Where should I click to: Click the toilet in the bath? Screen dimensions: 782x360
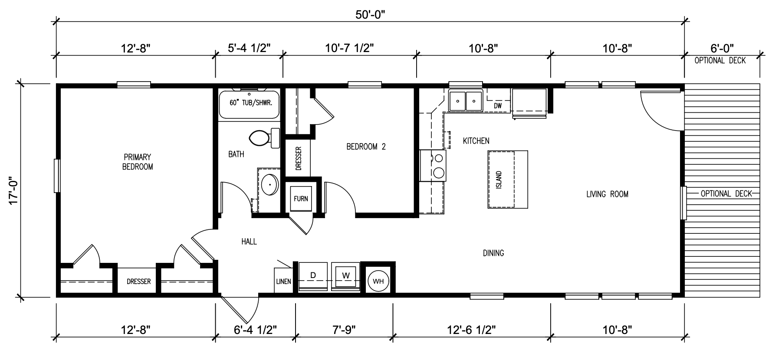click(265, 138)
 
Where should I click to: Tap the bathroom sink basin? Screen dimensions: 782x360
click(270, 185)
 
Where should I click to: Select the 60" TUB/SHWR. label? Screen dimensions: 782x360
click(250, 104)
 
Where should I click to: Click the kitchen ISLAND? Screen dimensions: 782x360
click(508, 179)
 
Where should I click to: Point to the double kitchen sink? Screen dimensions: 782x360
click(466, 101)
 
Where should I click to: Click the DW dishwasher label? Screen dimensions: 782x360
click(498, 105)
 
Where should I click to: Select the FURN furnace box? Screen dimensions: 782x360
click(301, 199)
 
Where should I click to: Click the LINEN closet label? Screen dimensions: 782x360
click(283, 281)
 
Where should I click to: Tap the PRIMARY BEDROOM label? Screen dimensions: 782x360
click(138, 162)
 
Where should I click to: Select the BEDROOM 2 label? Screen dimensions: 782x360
click(366, 147)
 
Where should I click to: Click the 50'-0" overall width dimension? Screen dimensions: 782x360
click(371, 14)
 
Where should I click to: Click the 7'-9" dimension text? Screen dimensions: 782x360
click(344, 330)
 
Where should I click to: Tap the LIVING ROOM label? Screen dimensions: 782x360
click(607, 194)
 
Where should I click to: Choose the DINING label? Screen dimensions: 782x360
click(493, 253)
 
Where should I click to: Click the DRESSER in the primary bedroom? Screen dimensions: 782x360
click(139, 281)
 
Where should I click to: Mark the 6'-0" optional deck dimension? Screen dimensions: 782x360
click(722, 48)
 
